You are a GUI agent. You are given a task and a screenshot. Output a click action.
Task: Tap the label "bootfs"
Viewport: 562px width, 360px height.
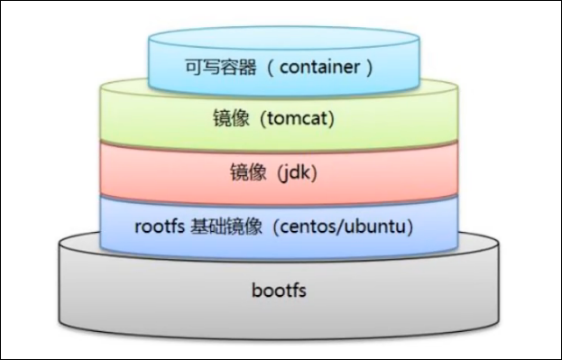tap(279, 291)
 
